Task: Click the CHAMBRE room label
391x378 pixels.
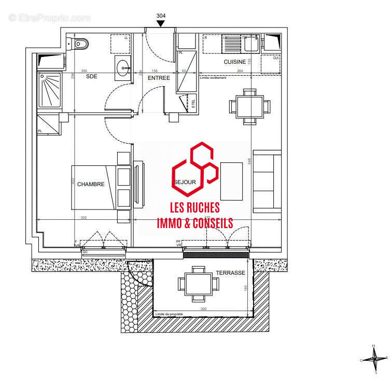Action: (x=91, y=184)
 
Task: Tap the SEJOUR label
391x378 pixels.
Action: (x=185, y=182)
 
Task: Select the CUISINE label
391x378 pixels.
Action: (x=235, y=62)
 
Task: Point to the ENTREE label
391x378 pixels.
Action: (x=159, y=78)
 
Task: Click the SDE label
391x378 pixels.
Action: (x=91, y=76)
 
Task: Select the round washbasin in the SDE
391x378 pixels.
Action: (x=123, y=66)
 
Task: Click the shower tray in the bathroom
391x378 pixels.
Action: (x=49, y=90)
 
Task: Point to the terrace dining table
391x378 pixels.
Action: (x=198, y=284)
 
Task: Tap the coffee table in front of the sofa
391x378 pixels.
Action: (x=231, y=181)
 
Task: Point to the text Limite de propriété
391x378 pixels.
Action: (x=169, y=313)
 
